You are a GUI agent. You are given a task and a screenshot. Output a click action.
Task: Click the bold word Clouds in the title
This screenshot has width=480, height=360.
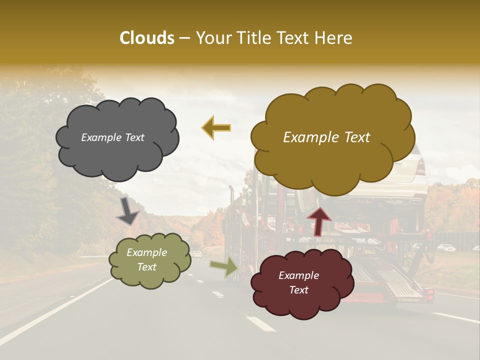pos(147,38)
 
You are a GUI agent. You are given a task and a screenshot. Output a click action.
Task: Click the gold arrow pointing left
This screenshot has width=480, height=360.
pos(216,128)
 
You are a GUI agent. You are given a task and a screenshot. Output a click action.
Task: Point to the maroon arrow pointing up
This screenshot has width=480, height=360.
pos(319,221)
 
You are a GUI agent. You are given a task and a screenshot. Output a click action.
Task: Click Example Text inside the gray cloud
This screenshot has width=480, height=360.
pos(112,137)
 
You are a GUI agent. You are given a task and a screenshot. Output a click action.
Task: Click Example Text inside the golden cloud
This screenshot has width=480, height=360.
pos(326,137)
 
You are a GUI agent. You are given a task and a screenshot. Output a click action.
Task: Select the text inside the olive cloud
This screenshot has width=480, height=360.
pos(146,259)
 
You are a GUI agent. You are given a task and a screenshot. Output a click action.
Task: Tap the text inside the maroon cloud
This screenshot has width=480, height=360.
pos(298,282)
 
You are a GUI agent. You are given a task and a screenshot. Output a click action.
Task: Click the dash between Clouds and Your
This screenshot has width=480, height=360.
pos(184,38)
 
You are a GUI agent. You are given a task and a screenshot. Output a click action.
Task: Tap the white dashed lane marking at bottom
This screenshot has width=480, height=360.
pos(260,323)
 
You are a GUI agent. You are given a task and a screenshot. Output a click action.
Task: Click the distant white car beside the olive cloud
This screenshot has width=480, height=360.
pos(197,254)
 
